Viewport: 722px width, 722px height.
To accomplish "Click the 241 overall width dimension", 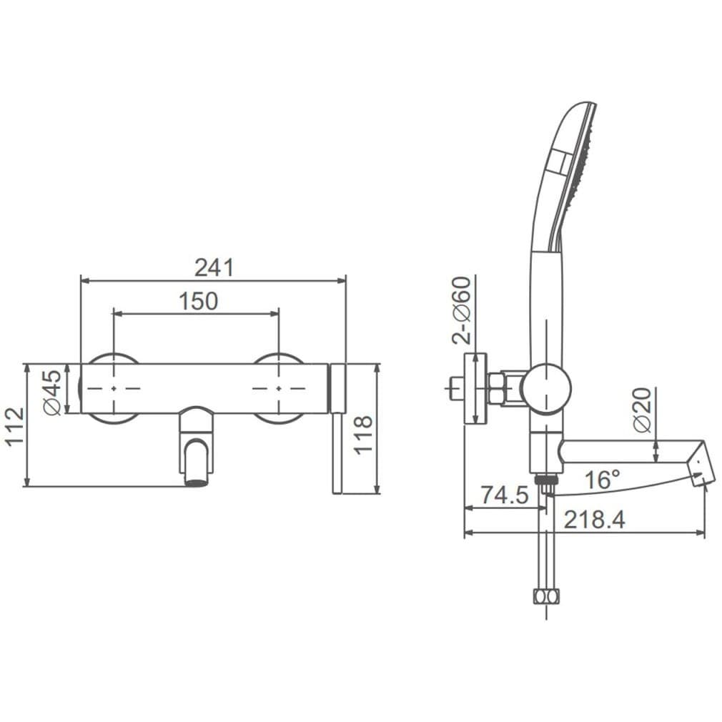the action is pyautogui.click(x=214, y=267).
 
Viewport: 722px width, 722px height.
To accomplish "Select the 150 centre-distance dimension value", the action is pyautogui.click(x=198, y=301).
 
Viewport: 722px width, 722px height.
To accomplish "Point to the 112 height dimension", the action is pyautogui.click(x=14, y=425).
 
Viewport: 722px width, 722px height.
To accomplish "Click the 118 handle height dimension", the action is pyautogui.click(x=363, y=435).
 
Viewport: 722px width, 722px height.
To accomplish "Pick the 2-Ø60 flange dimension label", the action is pyautogui.click(x=462, y=310).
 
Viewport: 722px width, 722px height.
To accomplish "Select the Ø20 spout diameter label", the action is pyautogui.click(x=643, y=410).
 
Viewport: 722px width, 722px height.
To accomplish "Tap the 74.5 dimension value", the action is pyautogui.click(x=505, y=495).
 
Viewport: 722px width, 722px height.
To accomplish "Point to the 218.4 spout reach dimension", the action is pyautogui.click(x=595, y=520).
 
